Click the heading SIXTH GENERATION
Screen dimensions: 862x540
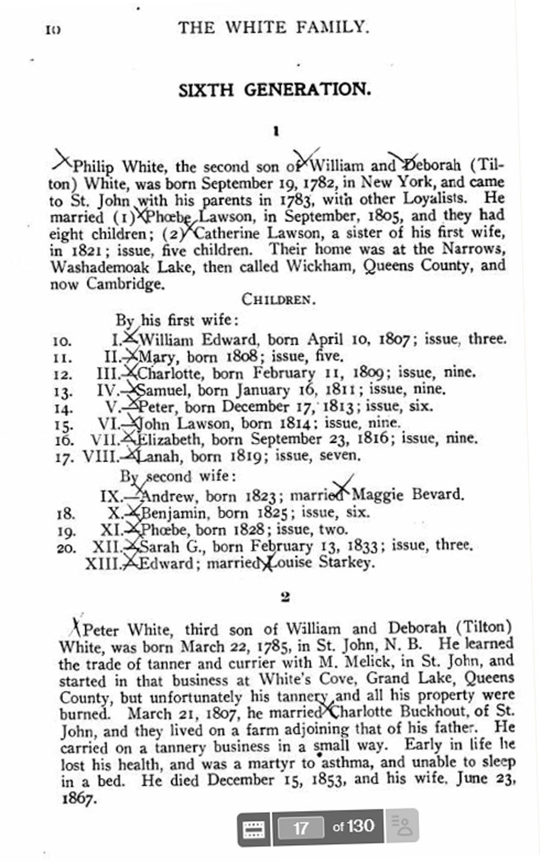click(x=274, y=90)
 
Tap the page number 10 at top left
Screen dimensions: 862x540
click(x=53, y=29)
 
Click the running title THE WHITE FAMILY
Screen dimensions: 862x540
click(x=273, y=27)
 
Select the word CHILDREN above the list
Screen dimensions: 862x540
click(x=278, y=299)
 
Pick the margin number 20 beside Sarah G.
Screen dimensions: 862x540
click(x=65, y=547)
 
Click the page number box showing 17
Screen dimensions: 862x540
click(x=301, y=828)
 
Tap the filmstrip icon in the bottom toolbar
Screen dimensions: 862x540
click(x=254, y=829)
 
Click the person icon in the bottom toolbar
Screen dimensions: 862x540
click(x=401, y=827)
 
